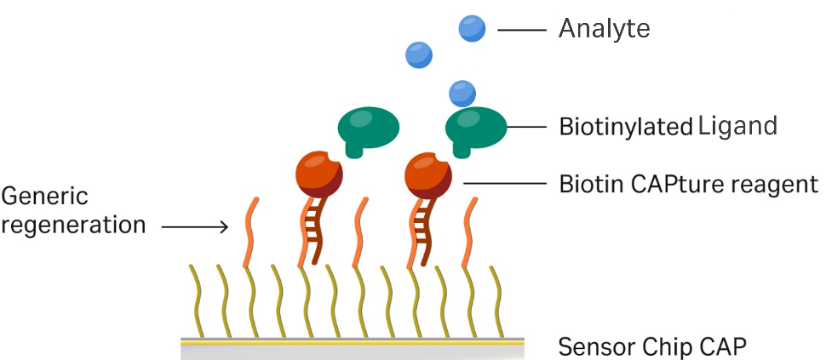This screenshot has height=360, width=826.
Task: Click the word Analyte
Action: click(604, 30)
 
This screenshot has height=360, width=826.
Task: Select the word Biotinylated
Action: click(624, 128)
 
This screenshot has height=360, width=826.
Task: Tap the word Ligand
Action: click(737, 127)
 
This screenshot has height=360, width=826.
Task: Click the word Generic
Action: click(44, 197)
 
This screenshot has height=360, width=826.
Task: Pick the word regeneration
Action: click(73, 226)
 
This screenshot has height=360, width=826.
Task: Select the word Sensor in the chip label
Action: click(593, 347)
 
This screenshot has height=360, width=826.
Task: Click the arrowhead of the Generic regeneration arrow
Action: click(224, 226)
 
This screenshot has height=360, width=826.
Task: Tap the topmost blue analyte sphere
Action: click(472, 29)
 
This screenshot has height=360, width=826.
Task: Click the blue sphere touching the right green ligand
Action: click(462, 92)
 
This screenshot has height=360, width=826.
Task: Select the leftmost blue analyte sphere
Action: click(419, 55)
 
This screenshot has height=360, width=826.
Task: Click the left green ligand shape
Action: click(369, 130)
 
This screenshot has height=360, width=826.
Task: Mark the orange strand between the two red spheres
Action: click(361, 230)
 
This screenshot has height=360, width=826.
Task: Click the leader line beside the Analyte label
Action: click(521, 30)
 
